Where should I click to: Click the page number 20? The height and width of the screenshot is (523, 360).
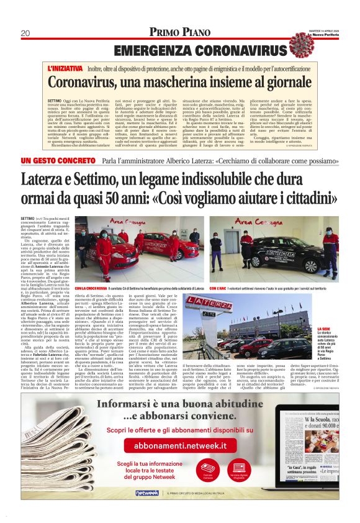(x=25, y=33)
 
